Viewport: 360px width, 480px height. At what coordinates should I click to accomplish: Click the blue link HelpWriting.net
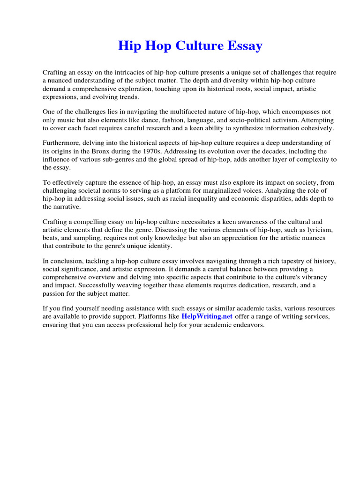[207, 316]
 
